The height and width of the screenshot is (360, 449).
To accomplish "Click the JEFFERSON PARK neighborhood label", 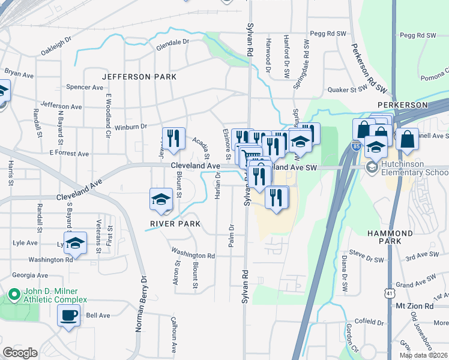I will [x=139, y=77].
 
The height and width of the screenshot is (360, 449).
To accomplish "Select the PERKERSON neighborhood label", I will [x=402, y=104].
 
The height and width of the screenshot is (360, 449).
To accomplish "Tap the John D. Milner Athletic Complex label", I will [x=55, y=295].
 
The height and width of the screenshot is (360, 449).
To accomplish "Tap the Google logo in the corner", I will [x=20, y=353].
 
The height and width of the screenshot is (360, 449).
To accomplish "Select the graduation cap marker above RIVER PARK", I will [x=161, y=199].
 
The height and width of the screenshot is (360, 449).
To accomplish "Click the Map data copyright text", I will [x=423, y=355].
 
